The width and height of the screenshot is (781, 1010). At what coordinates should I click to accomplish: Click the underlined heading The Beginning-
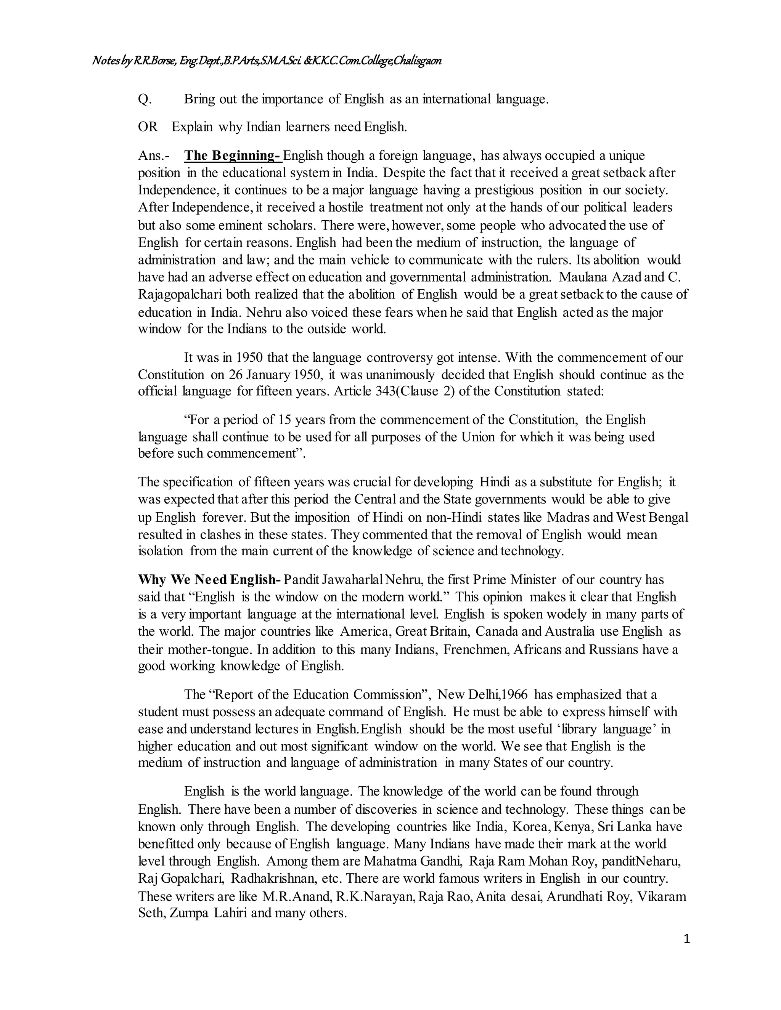[x=233, y=156]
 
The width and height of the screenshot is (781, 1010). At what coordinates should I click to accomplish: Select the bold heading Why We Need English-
[x=210, y=579]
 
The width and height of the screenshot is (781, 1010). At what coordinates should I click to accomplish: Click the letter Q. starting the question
[x=145, y=99]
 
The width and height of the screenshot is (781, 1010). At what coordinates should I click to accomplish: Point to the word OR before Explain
[x=148, y=127]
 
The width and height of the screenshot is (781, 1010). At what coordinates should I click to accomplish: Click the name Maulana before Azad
[x=583, y=277]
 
